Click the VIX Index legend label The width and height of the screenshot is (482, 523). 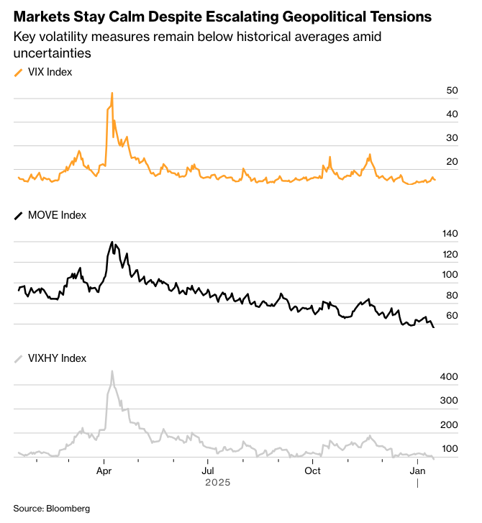50,72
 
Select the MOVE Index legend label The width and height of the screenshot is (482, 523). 56,215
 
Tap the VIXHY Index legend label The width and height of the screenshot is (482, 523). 57,358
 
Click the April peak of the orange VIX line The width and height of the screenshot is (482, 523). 112,93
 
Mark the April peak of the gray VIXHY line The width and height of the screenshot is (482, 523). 112,371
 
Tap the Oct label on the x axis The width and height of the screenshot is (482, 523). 312,471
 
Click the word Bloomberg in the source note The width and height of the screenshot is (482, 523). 68,509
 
